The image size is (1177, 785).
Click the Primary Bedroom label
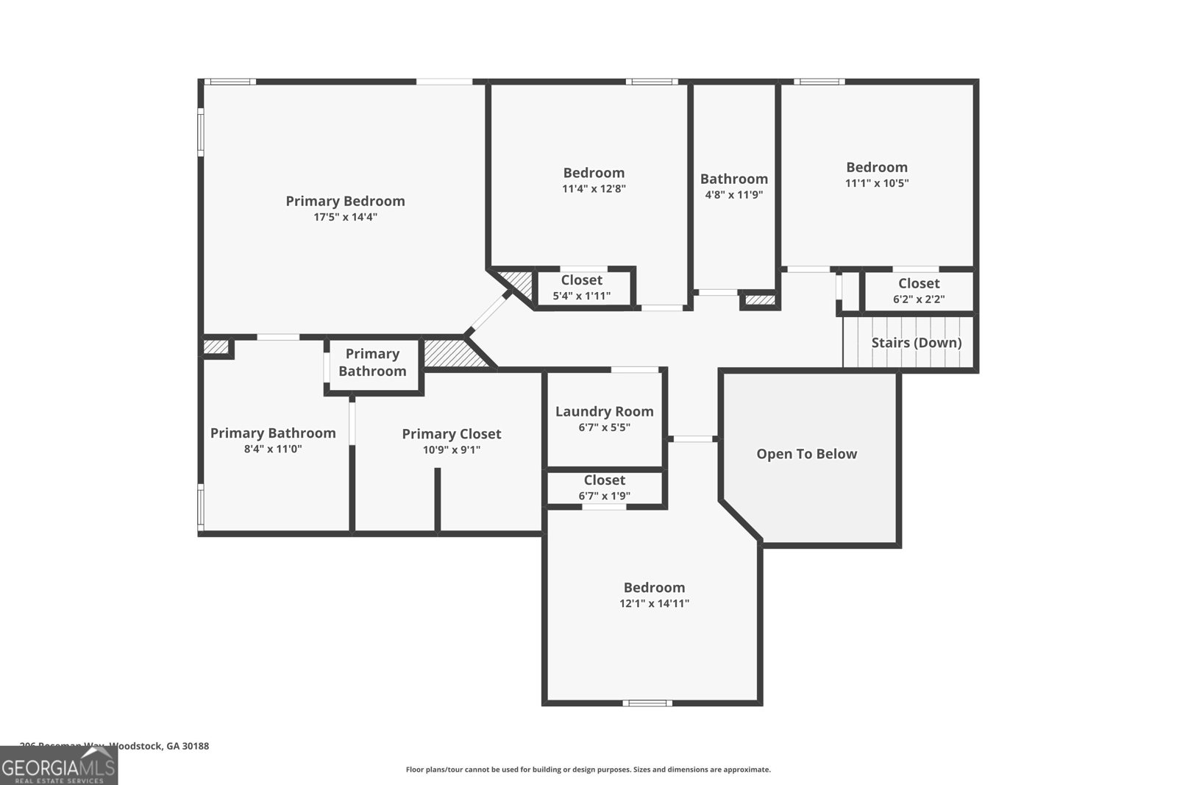click(x=345, y=201)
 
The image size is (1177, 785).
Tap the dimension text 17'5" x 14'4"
click(x=345, y=217)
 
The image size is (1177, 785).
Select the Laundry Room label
click(x=604, y=411)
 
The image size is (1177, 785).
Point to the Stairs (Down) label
click(x=916, y=342)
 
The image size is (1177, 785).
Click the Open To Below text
click(x=806, y=454)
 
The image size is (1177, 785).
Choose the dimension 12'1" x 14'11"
click(x=654, y=603)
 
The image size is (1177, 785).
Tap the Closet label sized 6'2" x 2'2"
click(x=918, y=283)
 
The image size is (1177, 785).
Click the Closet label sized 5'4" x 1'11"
click(x=581, y=280)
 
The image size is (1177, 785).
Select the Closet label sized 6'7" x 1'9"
click(x=604, y=480)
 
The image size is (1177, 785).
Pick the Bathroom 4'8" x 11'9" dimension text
click(x=733, y=195)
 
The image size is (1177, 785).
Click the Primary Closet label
click(x=451, y=434)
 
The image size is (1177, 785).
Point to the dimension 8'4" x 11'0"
click(x=273, y=449)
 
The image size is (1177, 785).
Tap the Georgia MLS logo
click(x=59, y=765)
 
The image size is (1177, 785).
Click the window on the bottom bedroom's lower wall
click(x=647, y=703)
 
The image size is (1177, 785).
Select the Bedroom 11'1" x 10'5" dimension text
click(x=876, y=183)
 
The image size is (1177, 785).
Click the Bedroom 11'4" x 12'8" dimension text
click(x=594, y=188)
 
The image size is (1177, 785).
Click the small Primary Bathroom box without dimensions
click(x=372, y=363)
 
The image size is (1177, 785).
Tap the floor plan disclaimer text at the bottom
click(x=588, y=770)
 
